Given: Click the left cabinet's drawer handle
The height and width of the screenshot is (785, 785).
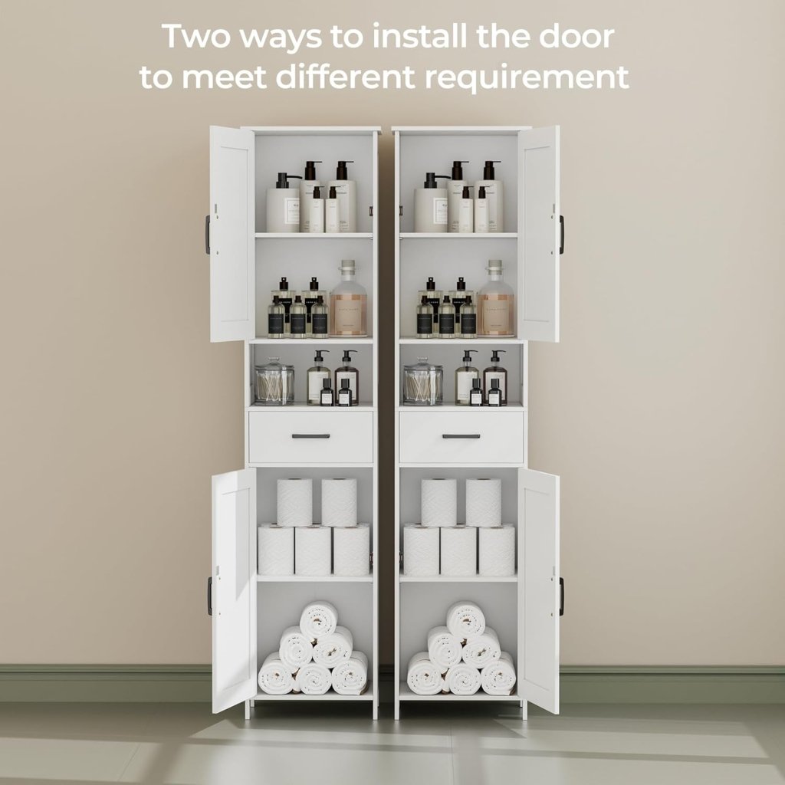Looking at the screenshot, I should (310, 436).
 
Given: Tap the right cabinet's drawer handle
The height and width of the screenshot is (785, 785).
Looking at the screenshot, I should (461, 436).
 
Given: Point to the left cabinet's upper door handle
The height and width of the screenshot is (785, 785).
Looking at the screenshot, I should (208, 235).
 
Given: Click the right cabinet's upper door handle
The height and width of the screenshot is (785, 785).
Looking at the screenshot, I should (561, 235).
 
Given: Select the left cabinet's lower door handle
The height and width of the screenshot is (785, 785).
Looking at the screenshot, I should (209, 596).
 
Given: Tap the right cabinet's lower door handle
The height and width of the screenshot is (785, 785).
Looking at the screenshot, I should (560, 596).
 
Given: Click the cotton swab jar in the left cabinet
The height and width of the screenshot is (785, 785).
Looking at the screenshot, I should (274, 383).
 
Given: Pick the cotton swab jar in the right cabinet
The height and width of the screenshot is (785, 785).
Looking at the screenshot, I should (423, 383).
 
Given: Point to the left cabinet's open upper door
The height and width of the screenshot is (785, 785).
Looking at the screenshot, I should (232, 234).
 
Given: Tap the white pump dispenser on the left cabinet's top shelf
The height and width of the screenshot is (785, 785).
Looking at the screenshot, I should (282, 205).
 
